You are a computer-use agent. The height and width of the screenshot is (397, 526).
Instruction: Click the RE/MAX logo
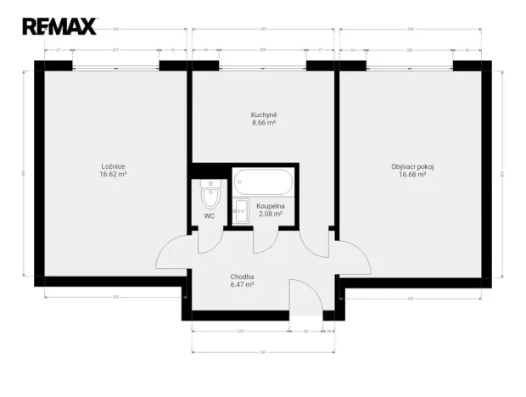[x=59, y=26]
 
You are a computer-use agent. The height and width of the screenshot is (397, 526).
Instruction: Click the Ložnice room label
[x=113, y=166]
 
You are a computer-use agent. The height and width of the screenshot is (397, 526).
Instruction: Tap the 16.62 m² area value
[x=113, y=174]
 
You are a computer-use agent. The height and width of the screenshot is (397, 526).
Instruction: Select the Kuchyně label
[x=264, y=115]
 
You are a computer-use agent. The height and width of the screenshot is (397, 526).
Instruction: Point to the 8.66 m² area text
[x=264, y=122]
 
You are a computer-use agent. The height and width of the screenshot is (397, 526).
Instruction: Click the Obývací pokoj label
[x=412, y=166]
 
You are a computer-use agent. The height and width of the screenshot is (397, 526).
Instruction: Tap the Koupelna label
[x=270, y=206]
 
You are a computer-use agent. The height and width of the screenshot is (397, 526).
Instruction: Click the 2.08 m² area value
[x=270, y=214]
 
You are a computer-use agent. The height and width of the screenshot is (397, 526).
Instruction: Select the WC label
[x=210, y=215]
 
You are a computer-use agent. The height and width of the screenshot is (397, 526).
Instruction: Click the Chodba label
[x=243, y=277]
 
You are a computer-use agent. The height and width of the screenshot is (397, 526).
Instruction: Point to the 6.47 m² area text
[x=243, y=284]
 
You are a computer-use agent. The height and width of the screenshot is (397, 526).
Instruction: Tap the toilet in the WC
[x=210, y=196]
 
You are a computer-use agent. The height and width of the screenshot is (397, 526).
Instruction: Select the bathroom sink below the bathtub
[x=240, y=210]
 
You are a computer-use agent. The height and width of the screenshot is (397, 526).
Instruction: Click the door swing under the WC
[x=207, y=241]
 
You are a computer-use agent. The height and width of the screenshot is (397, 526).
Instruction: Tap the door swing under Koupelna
[x=265, y=240]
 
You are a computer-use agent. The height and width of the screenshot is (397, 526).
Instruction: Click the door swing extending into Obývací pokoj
[x=353, y=258]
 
